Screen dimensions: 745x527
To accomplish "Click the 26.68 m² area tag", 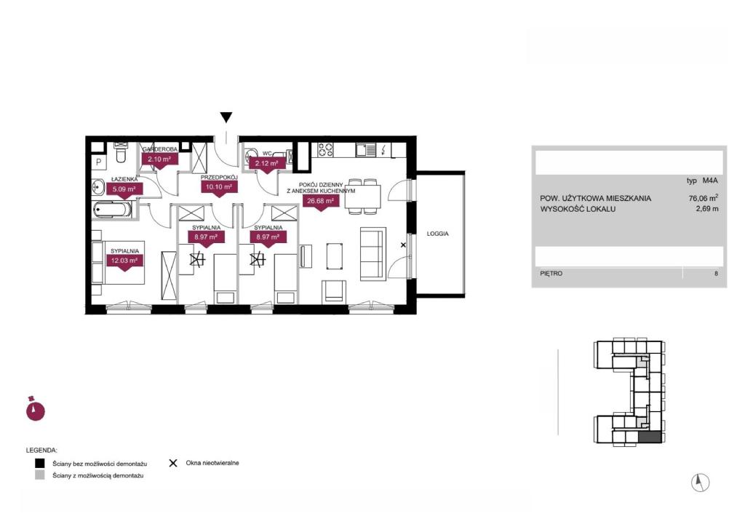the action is [321, 202].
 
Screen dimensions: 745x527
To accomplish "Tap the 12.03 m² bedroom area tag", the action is [124, 261].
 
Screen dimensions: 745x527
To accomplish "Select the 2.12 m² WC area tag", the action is [266, 164].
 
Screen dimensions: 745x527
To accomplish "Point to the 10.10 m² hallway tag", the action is [218, 187].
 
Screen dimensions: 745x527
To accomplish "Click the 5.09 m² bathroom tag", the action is [124, 189].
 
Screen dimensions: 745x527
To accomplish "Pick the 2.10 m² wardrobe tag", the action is [159, 159].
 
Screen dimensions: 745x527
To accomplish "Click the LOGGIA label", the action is [437, 234].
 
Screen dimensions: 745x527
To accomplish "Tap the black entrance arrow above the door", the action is [226, 117].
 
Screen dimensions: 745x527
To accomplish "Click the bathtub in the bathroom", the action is [113, 210].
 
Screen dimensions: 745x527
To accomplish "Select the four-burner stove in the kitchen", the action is [325, 150].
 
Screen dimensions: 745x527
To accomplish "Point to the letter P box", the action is [99, 162].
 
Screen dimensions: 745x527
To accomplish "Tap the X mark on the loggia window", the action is [403, 245].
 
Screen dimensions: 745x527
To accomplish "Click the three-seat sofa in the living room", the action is [372, 254].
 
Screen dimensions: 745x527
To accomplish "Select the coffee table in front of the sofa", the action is [335, 257].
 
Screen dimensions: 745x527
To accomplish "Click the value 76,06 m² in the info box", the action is [704, 198].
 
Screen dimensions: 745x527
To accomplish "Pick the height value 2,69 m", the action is [707, 209].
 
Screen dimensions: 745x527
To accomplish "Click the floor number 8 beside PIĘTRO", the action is [716, 274].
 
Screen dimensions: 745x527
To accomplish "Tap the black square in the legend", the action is [40, 463].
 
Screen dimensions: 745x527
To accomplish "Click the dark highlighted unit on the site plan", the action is [650, 437].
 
